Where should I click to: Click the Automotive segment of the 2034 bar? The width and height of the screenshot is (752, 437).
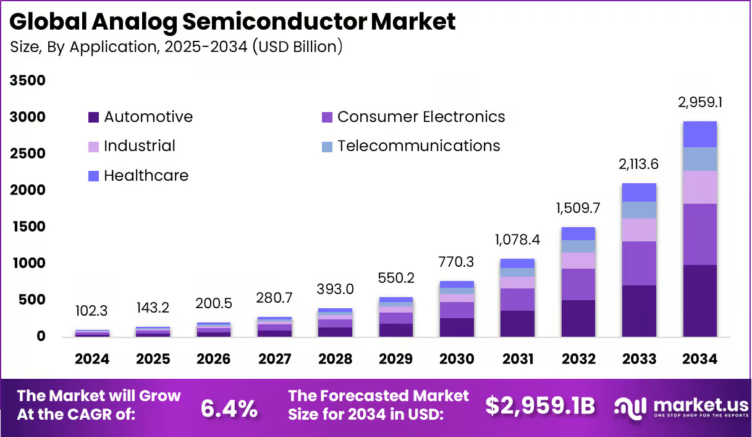pyautogui.click(x=700, y=301)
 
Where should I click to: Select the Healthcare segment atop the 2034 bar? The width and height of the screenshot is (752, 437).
pyautogui.click(x=700, y=134)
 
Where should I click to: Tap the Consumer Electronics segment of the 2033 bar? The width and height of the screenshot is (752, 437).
pyautogui.click(x=639, y=263)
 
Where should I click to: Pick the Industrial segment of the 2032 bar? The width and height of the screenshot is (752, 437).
pyautogui.click(x=578, y=261)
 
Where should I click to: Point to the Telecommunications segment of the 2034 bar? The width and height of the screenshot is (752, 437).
pyautogui.click(x=700, y=159)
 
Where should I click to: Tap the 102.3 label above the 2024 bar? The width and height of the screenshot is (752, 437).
pyautogui.click(x=92, y=310)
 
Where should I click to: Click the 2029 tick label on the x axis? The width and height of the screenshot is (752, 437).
pyautogui.click(x=396, y=360)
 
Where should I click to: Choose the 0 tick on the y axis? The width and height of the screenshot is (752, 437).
pyautogui.click(x=41, y=337)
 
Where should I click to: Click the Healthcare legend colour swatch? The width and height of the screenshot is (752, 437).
pyautogui.click(x=94, y=176)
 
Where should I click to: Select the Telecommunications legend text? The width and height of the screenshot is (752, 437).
pyautogui.click(x=418, y=146)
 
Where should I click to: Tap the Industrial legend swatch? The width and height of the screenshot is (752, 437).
pyautogui.click(x=94, y=147)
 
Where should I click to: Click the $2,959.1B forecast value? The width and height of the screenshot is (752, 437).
pyautogui.click(x=539, y=406)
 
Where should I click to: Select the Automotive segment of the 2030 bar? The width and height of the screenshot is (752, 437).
pyautogui.click(x=457, y=327)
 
